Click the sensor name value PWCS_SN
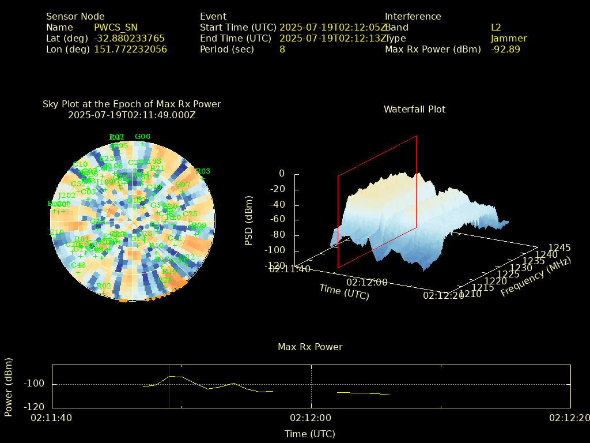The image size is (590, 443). (115, 27)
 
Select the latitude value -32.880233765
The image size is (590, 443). (129, 38)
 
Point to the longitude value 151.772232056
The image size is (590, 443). (130, 49)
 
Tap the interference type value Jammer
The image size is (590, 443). (509, 38)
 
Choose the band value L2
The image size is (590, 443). (496, 27)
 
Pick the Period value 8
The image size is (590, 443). (282, 49)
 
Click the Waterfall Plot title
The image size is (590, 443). (414, 109)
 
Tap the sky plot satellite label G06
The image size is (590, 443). (142, 137)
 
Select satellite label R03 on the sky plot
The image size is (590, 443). (203, 171)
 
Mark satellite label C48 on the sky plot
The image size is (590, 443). (78, 265)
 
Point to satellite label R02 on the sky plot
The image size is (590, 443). (104, 286)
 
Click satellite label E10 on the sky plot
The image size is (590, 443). (56, 232)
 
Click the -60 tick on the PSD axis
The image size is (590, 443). (277, 219)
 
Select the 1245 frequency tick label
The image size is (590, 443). (559, 247)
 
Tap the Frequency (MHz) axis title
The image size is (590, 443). (535, 277)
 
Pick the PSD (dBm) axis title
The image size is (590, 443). (249, 220)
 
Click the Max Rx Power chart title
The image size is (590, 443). (310, 347)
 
